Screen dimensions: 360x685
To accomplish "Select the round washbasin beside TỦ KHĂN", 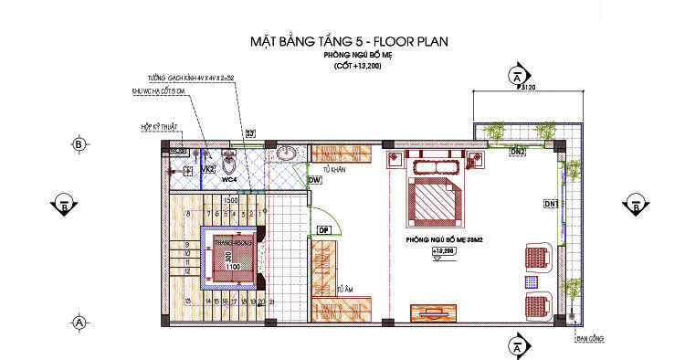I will [289, 152].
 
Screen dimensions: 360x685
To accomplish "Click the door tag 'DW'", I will [313, 181].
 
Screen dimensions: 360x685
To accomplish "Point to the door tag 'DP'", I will [322, 229].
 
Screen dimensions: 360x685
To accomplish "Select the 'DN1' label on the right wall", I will [551, 202].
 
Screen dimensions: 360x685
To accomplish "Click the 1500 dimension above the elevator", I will [231, 201].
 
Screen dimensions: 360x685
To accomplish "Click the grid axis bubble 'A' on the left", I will [79, 322].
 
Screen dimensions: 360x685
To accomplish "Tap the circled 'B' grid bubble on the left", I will [79, 144].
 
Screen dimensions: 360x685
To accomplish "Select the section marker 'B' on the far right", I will [634, 205].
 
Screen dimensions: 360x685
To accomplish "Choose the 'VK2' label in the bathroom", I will [207, 170].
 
